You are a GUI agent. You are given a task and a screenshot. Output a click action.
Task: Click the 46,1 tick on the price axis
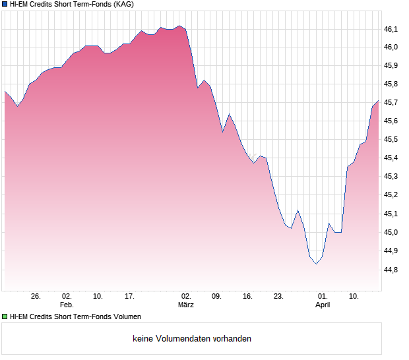[x=392, y=29]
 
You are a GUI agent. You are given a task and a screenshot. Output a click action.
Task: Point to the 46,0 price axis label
[x=392, y=47]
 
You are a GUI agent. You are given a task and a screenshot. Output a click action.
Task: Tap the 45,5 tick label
[x=392, y=140]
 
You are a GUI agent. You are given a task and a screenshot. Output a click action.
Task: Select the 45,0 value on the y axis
[x=392, y=233]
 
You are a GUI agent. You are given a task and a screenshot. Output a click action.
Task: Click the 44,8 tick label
[x=392, y=270]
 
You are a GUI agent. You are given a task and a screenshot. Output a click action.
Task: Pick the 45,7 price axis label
[x=392, y=103]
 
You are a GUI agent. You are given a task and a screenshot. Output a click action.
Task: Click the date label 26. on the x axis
[x=36, y=297]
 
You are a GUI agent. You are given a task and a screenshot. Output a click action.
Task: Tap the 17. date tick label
[x=130, y=297]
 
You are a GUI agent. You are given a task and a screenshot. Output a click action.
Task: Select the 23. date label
[x=278, y=297]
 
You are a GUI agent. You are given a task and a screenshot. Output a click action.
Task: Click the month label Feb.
[x=67, y=305]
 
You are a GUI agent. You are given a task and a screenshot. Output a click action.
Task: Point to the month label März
[x=186, y=305]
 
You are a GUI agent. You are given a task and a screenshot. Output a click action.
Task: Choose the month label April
[x=323, y=305]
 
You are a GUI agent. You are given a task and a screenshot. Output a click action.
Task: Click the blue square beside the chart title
[x=5, y=5]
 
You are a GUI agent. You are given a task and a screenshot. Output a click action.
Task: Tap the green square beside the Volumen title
[x=5, y=317]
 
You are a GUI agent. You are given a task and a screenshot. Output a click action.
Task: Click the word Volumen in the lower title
[x=125, y=317]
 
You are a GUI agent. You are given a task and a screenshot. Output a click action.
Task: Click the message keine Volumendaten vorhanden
[x=192, y=339]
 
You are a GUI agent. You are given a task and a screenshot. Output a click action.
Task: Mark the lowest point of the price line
[x=316, y=264]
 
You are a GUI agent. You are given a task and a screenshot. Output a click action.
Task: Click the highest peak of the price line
[x=180, y=26]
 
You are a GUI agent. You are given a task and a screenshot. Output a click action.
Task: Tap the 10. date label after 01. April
[x=354, y=297]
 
